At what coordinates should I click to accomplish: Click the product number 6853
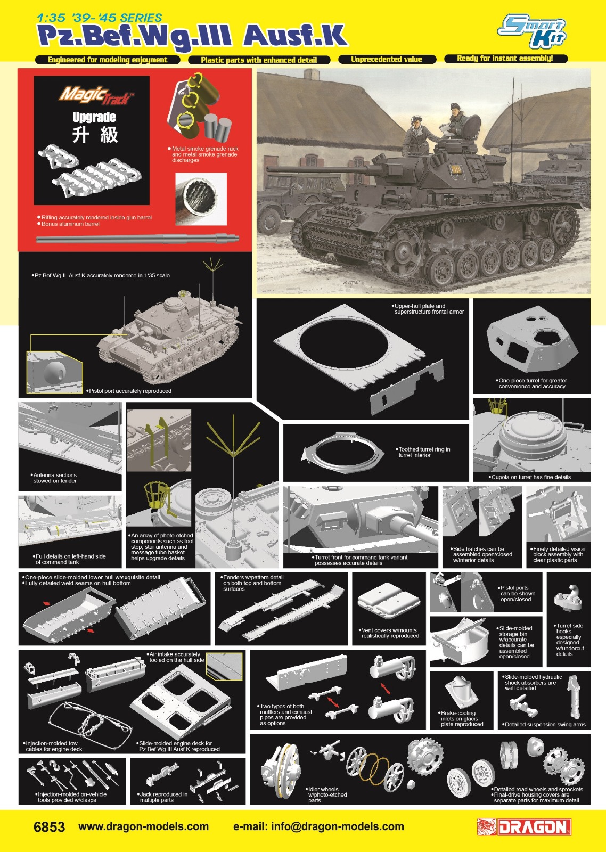click(x=49, y=827)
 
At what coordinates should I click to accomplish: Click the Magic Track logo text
click(x=94, y=96)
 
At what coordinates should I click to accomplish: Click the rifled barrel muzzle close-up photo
click(x=201, y=199)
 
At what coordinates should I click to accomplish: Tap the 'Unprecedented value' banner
click(x=387, y=59)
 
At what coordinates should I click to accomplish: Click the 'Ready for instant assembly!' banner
click(x=505, y=58)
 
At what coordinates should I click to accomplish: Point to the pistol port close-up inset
click(x=54, y=372)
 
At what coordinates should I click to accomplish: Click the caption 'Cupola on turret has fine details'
click(x=529, y=477)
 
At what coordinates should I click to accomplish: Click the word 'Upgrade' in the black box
click(x=94, y=117)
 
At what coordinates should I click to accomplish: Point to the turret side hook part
click(x=568, y=599)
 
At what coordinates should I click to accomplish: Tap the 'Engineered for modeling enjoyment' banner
click(x=107, y=60)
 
